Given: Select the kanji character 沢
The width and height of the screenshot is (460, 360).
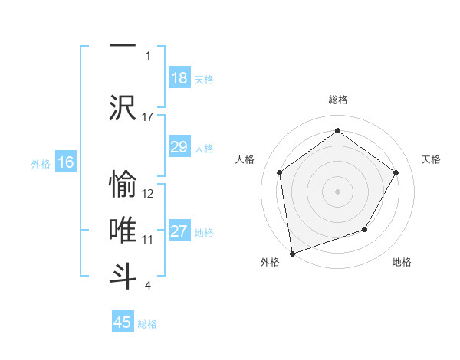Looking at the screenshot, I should [123, 106].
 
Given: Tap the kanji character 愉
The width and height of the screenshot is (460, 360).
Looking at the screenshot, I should [123, 184].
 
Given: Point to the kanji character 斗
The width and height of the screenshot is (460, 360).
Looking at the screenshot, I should [123, 275].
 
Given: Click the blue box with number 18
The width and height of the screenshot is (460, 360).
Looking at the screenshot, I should [179, 78].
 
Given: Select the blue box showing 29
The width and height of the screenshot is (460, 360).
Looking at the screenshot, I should [179, 147].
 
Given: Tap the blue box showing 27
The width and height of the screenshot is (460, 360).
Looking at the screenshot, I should [179, 231].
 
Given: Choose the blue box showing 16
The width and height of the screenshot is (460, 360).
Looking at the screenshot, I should [65, 162].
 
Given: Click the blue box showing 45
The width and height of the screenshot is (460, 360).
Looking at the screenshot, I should [123, 322].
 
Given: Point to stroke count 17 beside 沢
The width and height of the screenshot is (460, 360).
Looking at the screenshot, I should [148, 116].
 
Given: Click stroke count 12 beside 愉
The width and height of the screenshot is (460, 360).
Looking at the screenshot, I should [148, 194].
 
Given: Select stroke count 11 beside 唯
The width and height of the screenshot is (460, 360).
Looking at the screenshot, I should [148, 240].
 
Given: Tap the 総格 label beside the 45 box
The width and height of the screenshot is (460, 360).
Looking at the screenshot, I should [147, 324].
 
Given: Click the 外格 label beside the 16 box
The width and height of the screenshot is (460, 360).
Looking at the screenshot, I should [40, 163].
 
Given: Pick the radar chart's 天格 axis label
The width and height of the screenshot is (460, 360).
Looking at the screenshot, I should [431, 159].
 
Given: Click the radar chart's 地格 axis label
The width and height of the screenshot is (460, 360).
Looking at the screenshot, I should [402, 262].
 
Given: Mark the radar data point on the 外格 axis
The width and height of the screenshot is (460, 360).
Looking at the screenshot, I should [291, 253].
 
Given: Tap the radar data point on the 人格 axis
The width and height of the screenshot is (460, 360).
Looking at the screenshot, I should [279, 172].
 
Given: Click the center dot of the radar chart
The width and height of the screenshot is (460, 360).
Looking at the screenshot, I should [337, 191].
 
